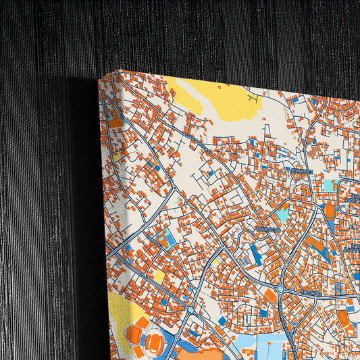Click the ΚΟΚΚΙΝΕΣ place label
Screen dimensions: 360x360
301,172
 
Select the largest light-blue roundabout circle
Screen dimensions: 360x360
280,288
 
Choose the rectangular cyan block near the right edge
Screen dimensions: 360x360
330,184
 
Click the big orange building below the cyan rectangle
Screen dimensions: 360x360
329,209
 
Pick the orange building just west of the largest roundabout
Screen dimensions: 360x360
269,297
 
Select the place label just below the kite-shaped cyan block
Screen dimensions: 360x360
266,231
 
